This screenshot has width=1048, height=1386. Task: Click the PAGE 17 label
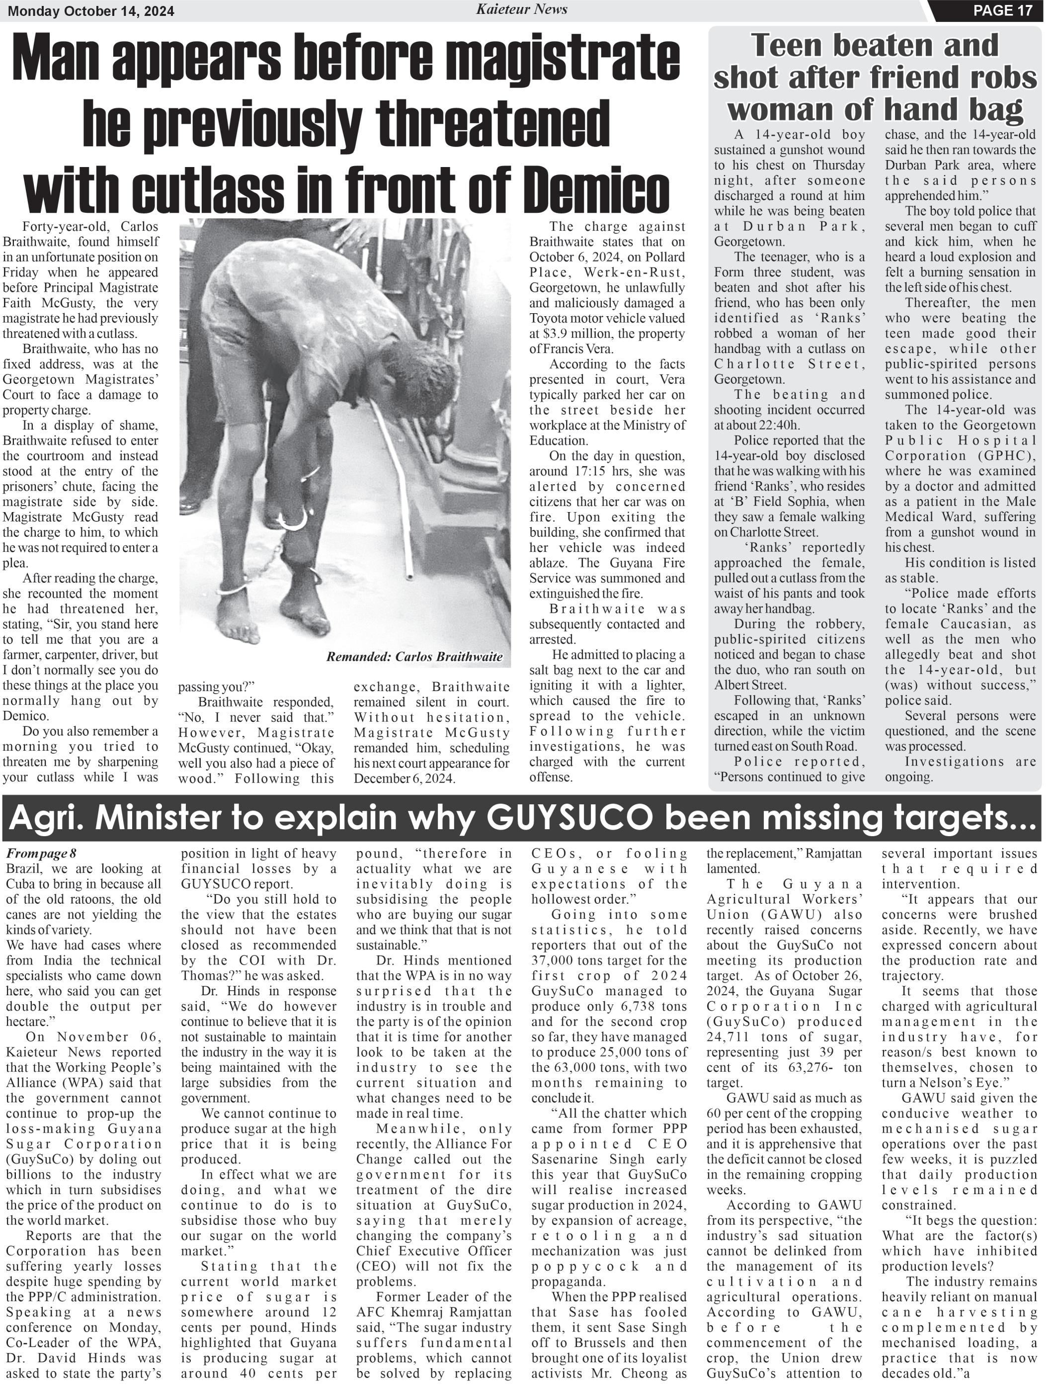(x=1002, y=10)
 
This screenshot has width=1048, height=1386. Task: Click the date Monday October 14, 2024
(x=91, y=11)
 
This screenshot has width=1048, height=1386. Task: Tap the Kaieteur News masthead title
(x=521, y=9)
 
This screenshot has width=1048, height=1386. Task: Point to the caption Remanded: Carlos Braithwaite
(x=414, y=657)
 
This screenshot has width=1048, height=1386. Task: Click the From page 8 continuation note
(x=41, y=854)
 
